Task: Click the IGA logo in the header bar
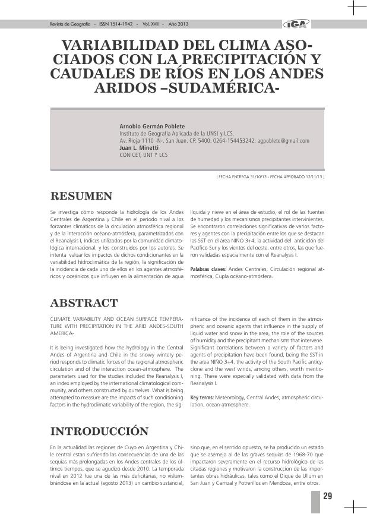pos(295,24)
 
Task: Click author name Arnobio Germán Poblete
pos(152,127)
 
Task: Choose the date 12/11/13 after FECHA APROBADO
pos(313,176)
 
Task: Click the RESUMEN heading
pos(81,196)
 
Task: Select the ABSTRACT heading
pos(84,303)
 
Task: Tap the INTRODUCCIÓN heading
pos(99,430)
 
